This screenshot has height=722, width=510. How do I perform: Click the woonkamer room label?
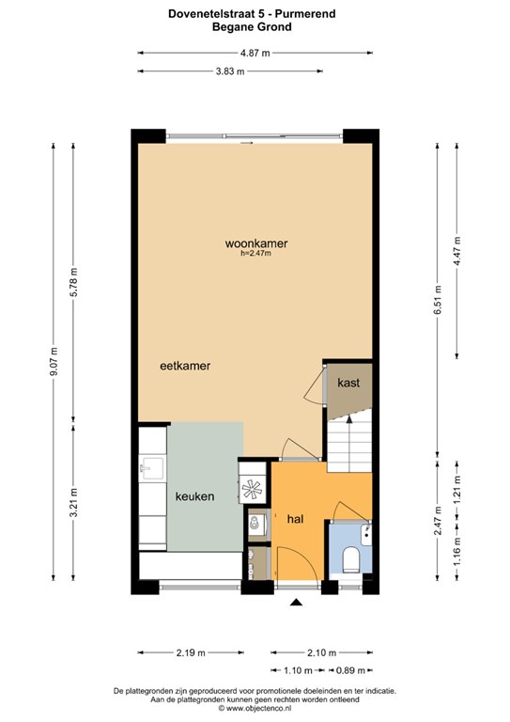pos(256,243)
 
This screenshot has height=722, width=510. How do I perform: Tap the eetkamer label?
pos(185,366)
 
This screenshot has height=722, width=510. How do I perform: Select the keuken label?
pos(194,496)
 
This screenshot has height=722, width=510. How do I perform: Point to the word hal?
pos(295,519)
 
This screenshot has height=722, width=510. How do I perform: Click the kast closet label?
pos(348,383)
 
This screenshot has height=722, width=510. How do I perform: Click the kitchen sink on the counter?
pos(151,468)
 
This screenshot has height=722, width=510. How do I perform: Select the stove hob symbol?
pos(252,489)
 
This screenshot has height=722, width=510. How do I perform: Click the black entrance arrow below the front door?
pos(296,602)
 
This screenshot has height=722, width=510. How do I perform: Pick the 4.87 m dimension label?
pos(255,53)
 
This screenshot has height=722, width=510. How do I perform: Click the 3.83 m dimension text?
pos(230,71)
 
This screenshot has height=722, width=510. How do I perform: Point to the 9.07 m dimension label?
pos(54,361)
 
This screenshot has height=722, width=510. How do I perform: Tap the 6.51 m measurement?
pos(437,300)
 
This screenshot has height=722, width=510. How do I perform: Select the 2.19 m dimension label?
pos(191,652)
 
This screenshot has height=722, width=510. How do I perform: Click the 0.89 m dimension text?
pos(350,670)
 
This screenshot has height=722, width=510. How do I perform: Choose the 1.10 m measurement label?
pos(298,670)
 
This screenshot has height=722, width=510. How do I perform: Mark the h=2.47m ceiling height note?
pos(255,253)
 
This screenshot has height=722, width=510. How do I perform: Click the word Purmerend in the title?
pos(305,14)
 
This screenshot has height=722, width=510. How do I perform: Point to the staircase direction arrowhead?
pos(349,418)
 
